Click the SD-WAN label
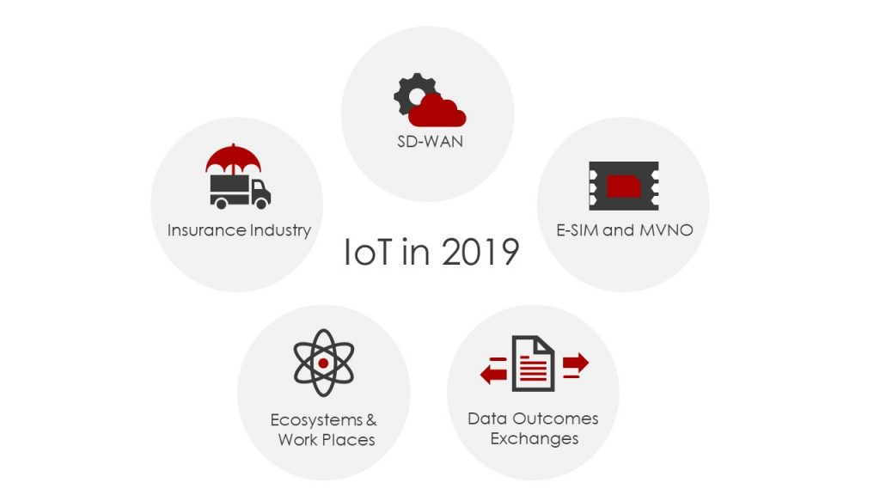coord(430,142)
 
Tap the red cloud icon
coord(437,111)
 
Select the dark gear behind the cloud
coord(412,92)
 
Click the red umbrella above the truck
coord(233,159)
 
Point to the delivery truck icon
coord(241,192)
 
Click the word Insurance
coord(206,230)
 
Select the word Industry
coord(280,230)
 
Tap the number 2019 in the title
coord(480,252)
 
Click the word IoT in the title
coord(367,252)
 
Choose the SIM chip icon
coord(624,186)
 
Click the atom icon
coord(324,364)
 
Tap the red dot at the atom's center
coord(323,364)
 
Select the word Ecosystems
coord(316,420)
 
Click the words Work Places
coord(326,440)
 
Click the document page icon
coord(533,364)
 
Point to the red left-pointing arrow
coord(494,371)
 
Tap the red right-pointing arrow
coord(576,364)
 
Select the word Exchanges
coord(535,439)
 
